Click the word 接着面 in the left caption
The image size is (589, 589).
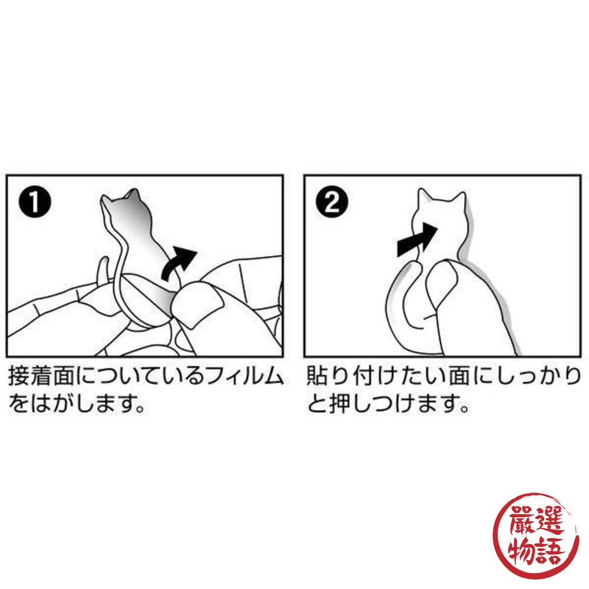(41, 376)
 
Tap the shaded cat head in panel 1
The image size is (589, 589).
(122, 205)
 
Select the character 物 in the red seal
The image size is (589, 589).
(521, 550)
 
